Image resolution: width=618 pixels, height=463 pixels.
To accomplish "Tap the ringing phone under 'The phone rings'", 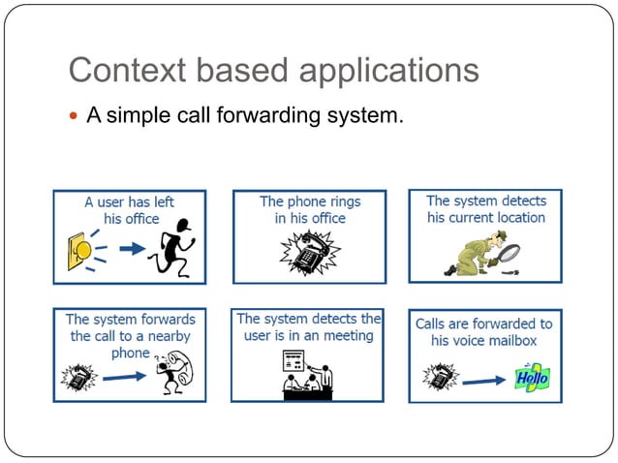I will (309, 255).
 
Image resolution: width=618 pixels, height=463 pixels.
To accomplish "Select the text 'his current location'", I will (485, 218).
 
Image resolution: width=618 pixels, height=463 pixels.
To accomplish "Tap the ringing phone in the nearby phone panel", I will (78, 375).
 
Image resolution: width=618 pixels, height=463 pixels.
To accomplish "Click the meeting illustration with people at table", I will (307, 374).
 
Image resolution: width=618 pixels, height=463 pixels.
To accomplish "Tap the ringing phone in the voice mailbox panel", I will (442, 376).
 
